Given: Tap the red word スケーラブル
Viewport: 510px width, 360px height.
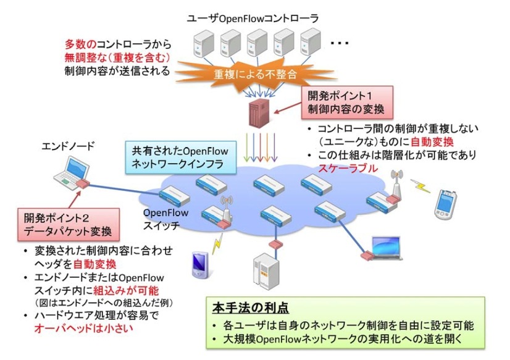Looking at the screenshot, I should pyautogui.click(x=343, y=167).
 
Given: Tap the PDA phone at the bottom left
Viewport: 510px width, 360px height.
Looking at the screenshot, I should pyautogui.click(x=198, y=262).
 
